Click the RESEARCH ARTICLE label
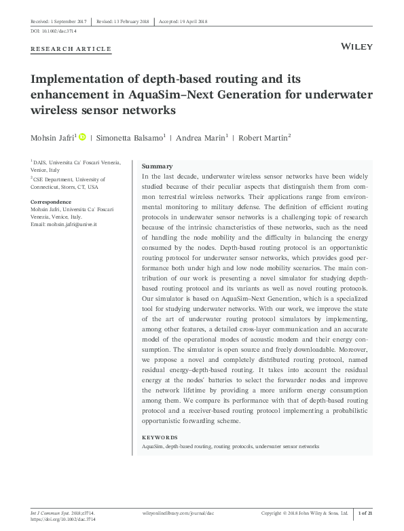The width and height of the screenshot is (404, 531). click(71, 50)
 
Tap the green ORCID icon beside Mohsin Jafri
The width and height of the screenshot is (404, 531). click(82, 137)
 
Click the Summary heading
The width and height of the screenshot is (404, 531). click(157, 166)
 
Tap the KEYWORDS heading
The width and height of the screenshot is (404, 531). click(159, 437)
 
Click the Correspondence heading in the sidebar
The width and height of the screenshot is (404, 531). click(51, 202)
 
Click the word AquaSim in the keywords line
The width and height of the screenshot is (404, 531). click(152, 447)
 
